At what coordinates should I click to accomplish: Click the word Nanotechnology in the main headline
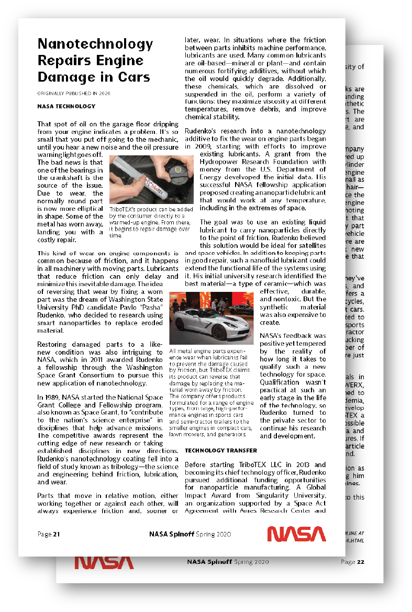coord(94,44)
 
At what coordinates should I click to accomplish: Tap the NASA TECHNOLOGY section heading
coord(66,106)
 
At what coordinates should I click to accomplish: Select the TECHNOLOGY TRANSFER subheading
coord(221,450)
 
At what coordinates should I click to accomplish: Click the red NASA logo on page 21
coord(296,534)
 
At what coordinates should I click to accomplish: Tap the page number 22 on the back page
coord(360,562)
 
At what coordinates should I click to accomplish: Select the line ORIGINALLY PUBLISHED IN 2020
coord(74,93)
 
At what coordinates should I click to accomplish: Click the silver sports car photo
coord(211,318)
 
